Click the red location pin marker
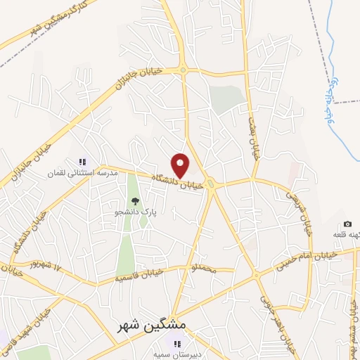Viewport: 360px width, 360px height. tap(181, 165)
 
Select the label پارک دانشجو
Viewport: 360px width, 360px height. tap(136, 211)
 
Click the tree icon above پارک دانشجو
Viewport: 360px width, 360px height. tap(136, 201)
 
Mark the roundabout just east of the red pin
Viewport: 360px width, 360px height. tap(212, 184)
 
